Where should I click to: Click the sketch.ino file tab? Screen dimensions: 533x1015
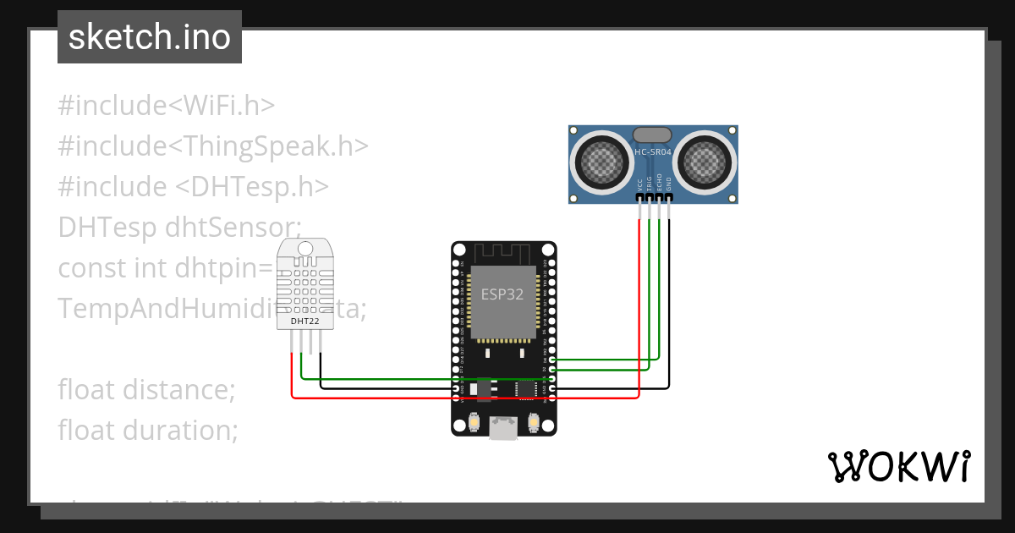point(150,37)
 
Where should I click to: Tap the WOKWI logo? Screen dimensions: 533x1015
point(898,466)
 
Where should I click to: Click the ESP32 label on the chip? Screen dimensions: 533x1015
point(502,294)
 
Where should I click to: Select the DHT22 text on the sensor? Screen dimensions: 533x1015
point(304,321)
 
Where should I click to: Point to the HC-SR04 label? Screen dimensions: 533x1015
point(653,152)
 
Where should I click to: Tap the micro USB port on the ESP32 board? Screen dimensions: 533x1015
point(504,430)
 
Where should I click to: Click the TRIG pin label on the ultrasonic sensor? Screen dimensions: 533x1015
point(650,184)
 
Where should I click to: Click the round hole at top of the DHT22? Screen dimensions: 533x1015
point(304,248)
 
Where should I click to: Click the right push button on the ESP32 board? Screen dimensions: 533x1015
point(534,421)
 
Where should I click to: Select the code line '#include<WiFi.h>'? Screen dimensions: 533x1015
point(167,106)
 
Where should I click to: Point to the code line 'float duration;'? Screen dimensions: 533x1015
point(148,431)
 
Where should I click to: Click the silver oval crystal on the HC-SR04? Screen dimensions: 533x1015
point(653,135)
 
